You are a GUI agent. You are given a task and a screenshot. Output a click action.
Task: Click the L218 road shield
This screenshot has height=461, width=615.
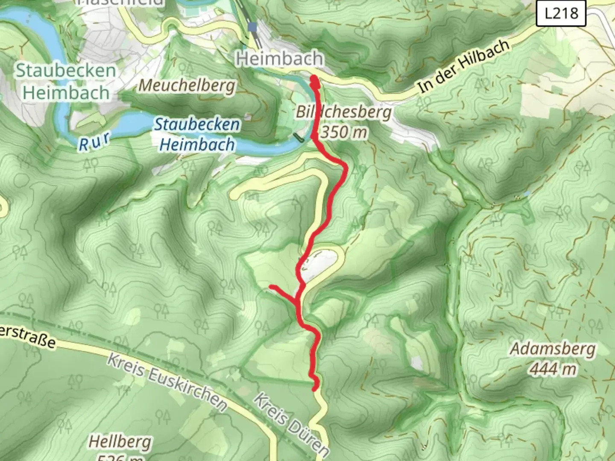click(561, 14)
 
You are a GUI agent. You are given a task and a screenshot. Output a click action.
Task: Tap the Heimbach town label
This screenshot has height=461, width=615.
click(279, 58)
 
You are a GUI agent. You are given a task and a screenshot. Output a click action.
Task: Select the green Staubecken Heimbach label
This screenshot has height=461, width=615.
click(66, 82)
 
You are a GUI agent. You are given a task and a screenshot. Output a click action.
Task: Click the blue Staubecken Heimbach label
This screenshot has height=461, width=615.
click(197, 134)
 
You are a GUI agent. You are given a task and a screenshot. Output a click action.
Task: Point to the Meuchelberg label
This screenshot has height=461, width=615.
click(187, 86)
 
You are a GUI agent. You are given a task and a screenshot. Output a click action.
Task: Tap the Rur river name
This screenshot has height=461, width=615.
click(94, 142)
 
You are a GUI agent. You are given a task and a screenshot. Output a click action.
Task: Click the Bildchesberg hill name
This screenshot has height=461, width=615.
click(343, 112)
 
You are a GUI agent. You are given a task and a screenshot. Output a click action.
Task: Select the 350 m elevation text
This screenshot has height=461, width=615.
click(344, 132)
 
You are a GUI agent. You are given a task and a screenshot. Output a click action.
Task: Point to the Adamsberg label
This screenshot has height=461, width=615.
click(553, 349)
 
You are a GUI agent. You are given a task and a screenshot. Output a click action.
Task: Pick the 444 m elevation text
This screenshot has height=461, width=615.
click(553, 368)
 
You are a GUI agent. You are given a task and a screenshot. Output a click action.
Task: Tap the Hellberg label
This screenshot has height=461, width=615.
click(120, 442)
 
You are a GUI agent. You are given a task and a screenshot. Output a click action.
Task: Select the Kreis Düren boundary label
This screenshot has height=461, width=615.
click(292, 425)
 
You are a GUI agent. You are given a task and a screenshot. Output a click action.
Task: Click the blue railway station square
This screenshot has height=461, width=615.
click(252, 27)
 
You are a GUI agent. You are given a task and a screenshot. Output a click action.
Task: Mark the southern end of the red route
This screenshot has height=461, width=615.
click(315, 388)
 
